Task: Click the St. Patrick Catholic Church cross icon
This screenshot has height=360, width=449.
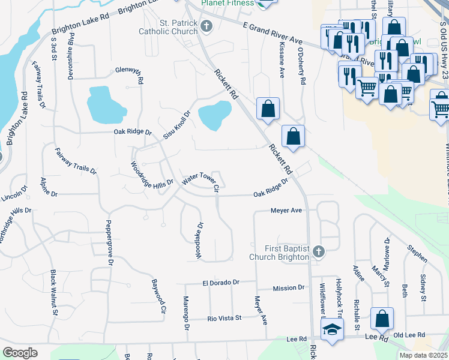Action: [206, 26]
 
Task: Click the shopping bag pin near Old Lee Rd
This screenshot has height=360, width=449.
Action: [382, 319]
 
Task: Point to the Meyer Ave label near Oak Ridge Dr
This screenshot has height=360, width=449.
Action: [286, 211]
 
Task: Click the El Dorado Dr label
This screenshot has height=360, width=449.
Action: [220, 282]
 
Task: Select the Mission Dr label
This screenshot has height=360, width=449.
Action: [288, 288]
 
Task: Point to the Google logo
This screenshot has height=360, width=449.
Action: [20, 353]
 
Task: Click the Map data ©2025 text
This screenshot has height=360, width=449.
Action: [423, 355]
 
